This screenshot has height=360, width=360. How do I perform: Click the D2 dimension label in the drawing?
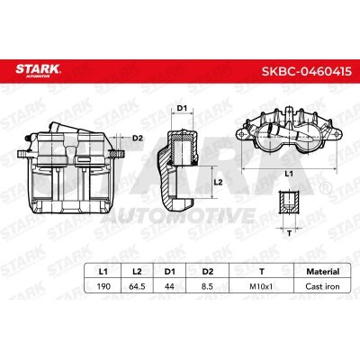138,138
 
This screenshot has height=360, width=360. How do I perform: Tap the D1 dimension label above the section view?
180,109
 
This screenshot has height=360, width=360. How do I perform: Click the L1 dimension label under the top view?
287,171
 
